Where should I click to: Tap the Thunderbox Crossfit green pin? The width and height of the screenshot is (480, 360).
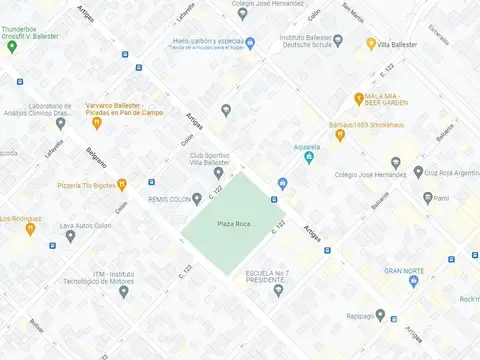pyautogui.click(x=12, y=47)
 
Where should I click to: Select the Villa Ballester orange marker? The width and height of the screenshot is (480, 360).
pyautogui.click(x=371, y=44)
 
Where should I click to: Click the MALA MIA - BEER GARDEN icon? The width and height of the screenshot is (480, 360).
pyautogui.click(x=358, y=98)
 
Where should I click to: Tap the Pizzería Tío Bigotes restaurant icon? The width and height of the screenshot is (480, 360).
pyautogui.click(x=122, y=184)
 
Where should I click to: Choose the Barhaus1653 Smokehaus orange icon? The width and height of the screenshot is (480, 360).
pyautogui.click(x=340, y=135)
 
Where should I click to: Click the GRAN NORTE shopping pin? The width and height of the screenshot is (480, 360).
pyautogui.click(x=411, y=283)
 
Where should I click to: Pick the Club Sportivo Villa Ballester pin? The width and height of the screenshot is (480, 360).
pyautogui.click(x=218, y=173)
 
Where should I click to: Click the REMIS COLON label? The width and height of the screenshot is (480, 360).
pyautogui.click(x=170, y=199)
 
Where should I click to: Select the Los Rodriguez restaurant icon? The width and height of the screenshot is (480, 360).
pyautogui.click(x=31, y=229)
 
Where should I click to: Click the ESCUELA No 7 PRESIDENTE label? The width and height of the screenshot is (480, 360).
pyautogui.click(x=269, y=277)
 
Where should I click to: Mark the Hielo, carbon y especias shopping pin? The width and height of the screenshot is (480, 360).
pyautogui.click(x=251, y=43)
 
